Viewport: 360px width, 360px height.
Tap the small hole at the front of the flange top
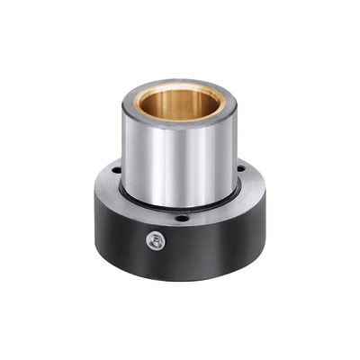click(x=182, y=218)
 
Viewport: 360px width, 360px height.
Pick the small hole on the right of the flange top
click(x=241, y=164)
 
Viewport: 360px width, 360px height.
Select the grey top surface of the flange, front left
click(x=130, y=202)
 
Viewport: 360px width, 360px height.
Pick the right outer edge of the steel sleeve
click(x=236, y=153)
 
